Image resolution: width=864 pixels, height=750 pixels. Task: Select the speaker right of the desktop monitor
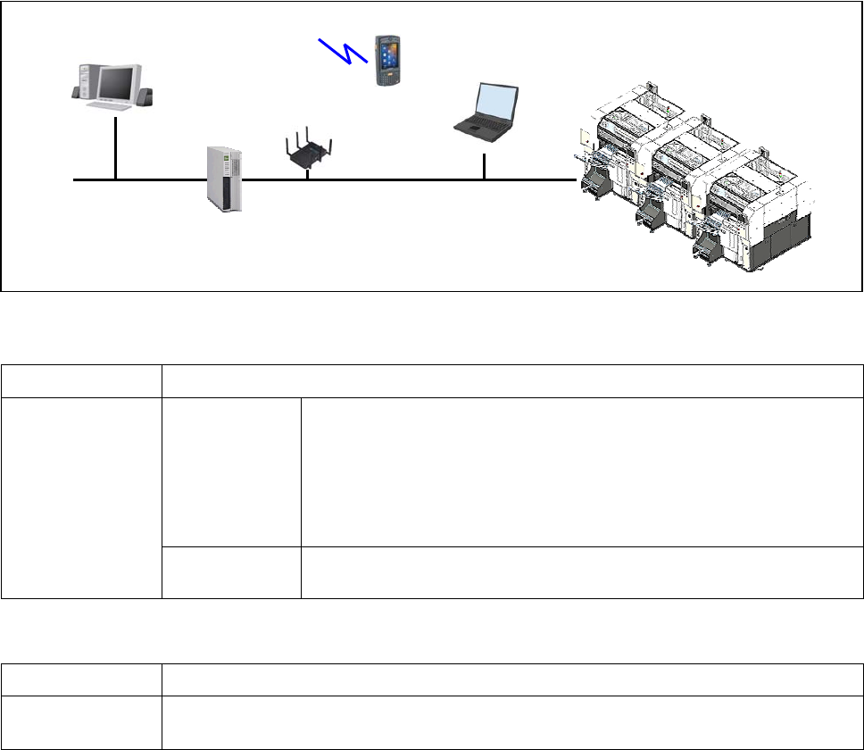tap(145, 93)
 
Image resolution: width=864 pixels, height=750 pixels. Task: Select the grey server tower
tap(224, 179)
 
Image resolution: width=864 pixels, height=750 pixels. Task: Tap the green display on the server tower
tap(227, 157)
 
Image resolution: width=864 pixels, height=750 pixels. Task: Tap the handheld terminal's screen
tap(387, 49)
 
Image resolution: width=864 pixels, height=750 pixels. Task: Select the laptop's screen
tap(494, 100)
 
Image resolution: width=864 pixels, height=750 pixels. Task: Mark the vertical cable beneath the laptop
tap(484, 166)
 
